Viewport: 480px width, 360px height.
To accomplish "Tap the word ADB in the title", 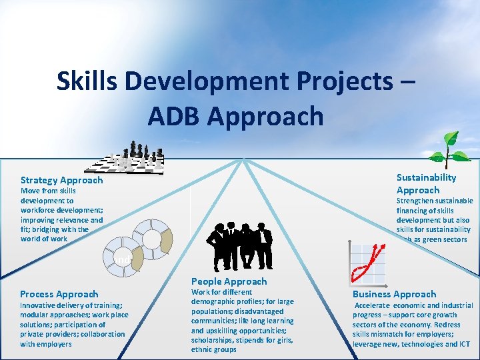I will pyautogui.click(x=175, y=116).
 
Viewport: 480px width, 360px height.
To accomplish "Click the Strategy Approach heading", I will pyautogui.click(x=61, y=180).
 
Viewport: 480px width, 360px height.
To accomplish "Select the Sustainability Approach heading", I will pyautogui.click(x=426, y=183).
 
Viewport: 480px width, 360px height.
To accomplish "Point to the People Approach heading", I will pyautogui.click(x=229, y=281).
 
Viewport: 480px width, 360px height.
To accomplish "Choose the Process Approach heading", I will pyautogui.click(x=59, y=294).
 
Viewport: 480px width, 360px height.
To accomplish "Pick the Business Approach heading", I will pyautogui.click(x=394, y=294).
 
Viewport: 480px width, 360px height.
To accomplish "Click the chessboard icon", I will pyautogui.click(x=129, y=158).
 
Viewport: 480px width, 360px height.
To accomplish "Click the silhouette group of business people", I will pyautogui.click(x=241, y=245).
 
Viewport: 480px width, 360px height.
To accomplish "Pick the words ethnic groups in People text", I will pyautogui.click(x=213, y=349).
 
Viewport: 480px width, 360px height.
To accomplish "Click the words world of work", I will pyautogui.click(x=44, y=239).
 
